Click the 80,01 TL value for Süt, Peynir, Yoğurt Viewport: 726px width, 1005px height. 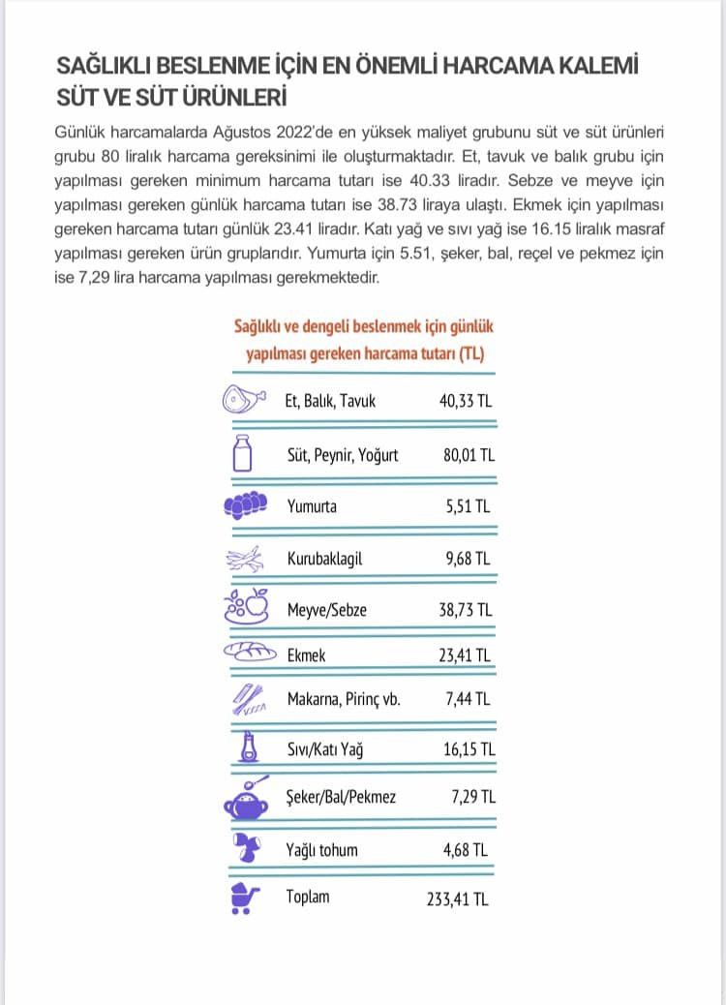469,454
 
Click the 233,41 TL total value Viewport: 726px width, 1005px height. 458,898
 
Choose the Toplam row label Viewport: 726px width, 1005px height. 308,897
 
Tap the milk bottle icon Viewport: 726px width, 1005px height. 243,453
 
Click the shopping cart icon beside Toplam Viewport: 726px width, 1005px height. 243,898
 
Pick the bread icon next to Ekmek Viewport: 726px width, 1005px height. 249,654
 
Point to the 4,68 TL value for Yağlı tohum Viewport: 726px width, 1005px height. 469,850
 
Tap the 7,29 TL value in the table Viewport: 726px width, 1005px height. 473,798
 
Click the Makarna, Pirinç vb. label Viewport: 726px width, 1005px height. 344,699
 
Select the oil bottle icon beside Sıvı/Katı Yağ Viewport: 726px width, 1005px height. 249,746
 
